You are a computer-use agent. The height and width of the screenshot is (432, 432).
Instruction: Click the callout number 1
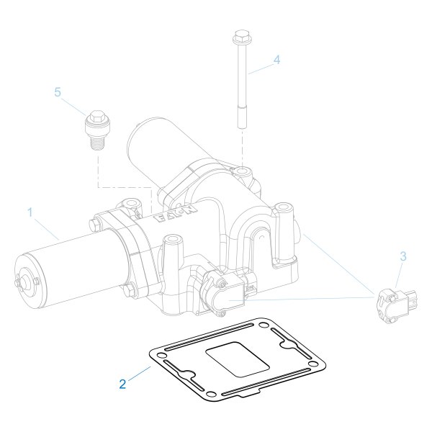30,212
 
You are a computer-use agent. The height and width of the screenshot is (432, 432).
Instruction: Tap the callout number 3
403,256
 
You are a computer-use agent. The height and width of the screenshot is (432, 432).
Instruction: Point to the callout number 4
276,60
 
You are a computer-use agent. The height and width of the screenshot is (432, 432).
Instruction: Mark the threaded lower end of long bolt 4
240,115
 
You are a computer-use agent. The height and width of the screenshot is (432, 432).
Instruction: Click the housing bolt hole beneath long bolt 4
243,172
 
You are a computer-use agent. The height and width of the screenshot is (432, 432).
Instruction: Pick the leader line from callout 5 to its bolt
76,102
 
